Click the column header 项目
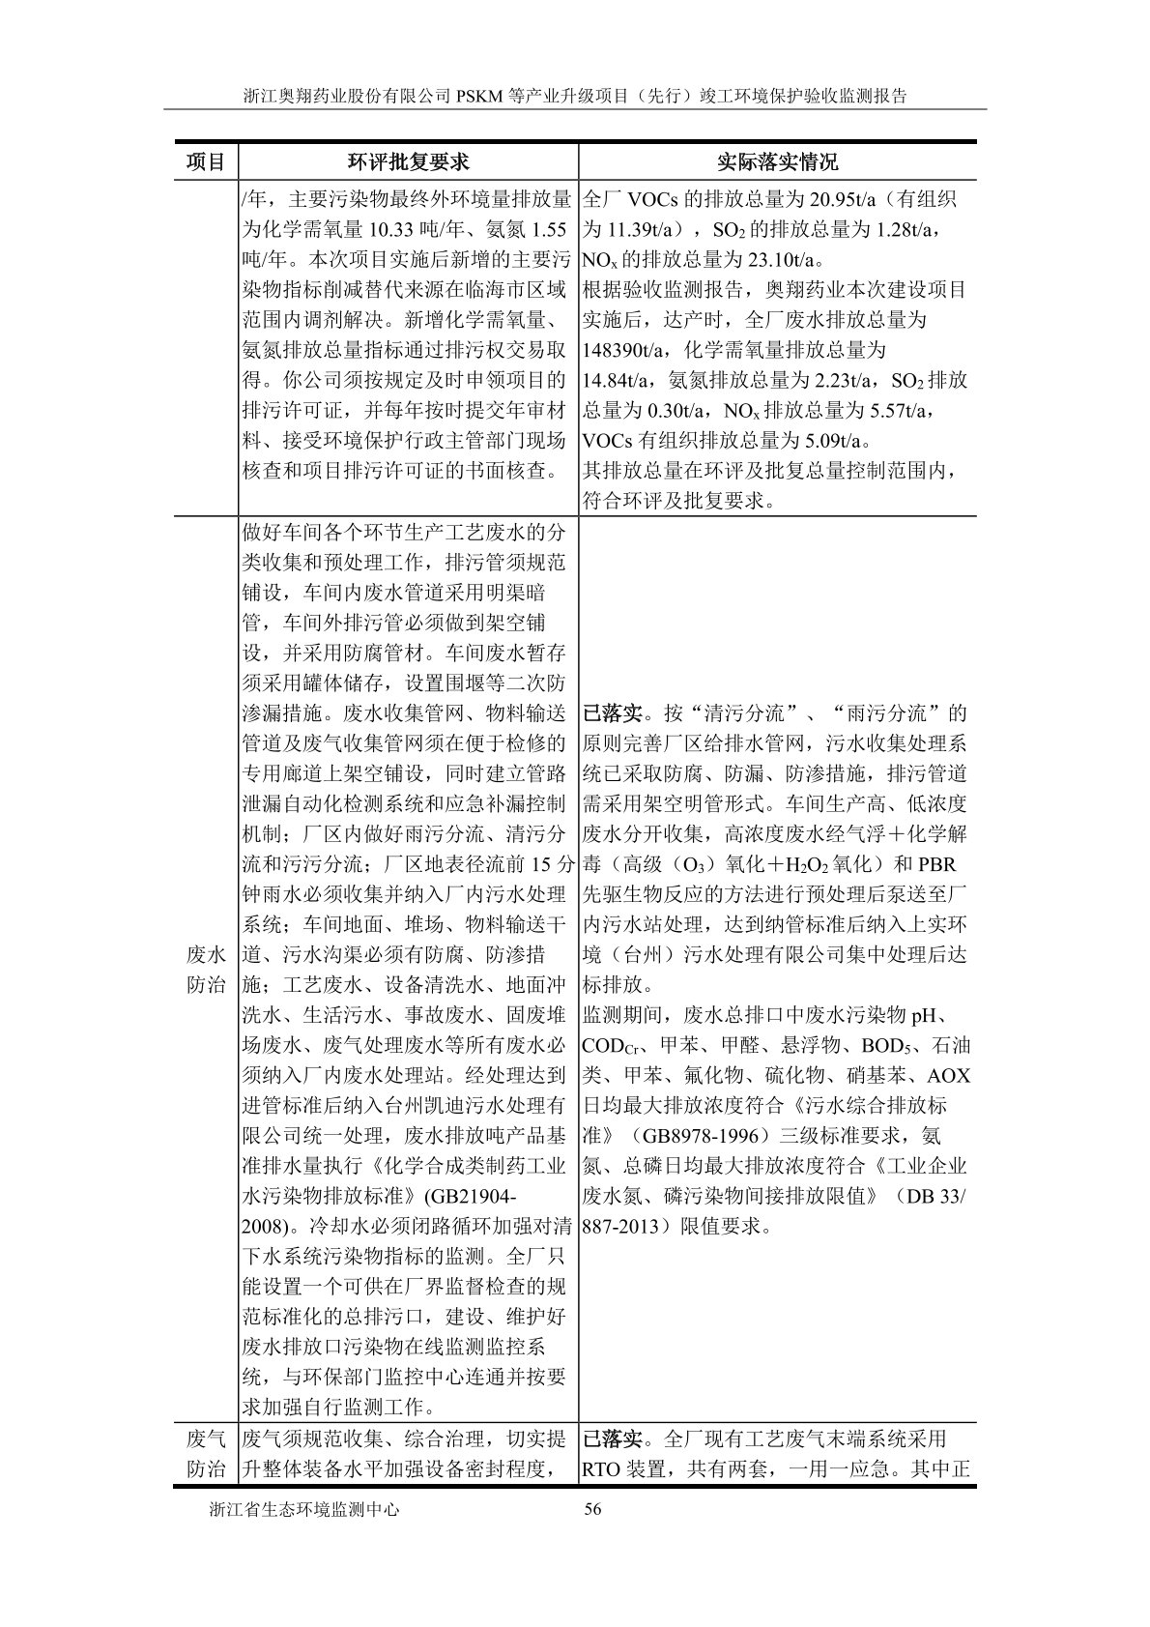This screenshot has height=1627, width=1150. click(x=205, y=161)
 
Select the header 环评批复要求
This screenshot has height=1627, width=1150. click(x=408, y=161)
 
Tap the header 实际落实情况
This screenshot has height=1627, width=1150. click(x=777, y=161)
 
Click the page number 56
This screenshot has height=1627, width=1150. click(x=593, y=1537)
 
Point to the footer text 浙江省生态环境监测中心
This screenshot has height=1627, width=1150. click(x=304, y=1537)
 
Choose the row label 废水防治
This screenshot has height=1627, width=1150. click(x=205, y=971)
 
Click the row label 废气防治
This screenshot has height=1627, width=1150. click(x=205, y=1454)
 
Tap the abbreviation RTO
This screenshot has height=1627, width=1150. click(x=604, y=1469)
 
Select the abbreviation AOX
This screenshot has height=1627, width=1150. click(x=948, y=1076)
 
